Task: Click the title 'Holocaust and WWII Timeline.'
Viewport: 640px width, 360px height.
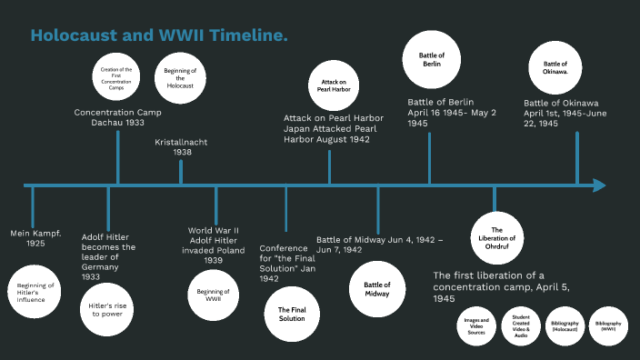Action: (159, 35)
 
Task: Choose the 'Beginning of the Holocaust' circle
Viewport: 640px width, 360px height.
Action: (179, 79)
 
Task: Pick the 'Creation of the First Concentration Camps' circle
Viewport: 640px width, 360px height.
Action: (116, 77)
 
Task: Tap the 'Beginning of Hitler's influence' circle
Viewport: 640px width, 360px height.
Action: (36, 291)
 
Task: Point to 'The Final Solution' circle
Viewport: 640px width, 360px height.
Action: (291, 315)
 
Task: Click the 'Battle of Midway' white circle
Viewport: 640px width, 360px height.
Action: (377, 285)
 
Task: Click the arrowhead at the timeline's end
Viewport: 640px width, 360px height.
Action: (598, 185)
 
